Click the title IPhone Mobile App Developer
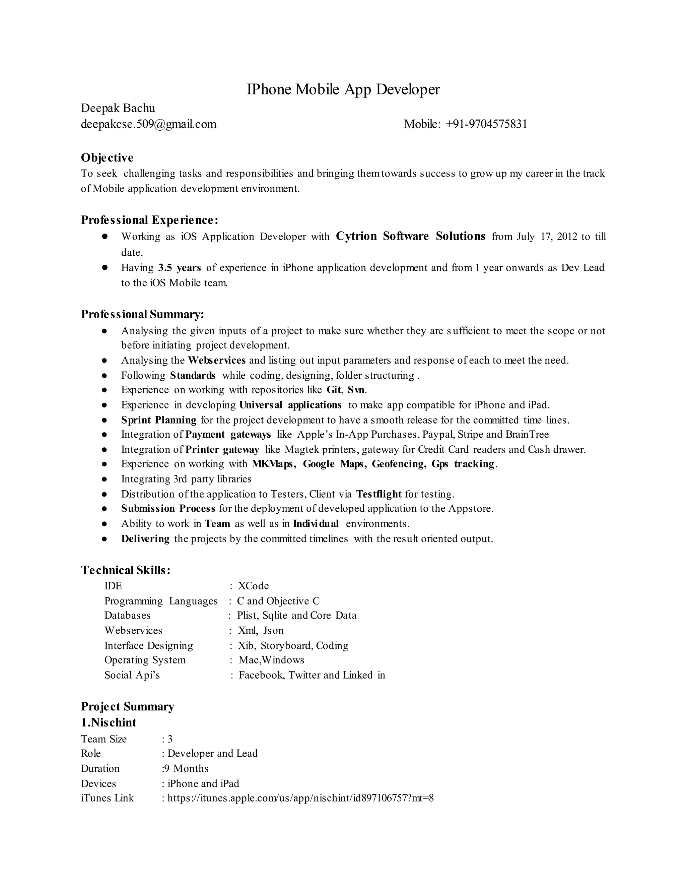343,89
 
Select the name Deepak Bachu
118,108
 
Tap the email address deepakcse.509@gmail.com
148,124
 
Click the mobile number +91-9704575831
486,124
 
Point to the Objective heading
107,157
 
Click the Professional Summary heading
142,314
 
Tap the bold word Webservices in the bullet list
217,360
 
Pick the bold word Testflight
379,494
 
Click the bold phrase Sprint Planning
158,420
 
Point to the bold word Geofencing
399,464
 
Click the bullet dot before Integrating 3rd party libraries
105,480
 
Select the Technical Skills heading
126,570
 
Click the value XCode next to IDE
253,586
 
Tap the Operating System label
145,660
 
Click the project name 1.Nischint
109,722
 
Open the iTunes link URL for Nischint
300,798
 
